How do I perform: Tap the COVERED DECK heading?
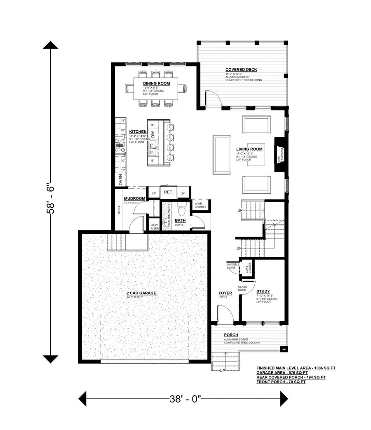[241, 69]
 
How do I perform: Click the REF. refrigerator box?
[168, 192]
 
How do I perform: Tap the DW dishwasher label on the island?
[153, 134]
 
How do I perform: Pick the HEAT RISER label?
[155, 227]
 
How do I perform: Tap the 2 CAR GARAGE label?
[141, 293]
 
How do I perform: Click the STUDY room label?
[263, 291]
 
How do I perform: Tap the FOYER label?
[225, 293]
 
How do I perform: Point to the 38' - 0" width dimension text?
[185, 399]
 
